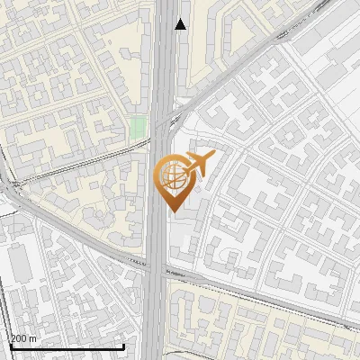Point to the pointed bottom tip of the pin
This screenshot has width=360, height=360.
coord(172,211)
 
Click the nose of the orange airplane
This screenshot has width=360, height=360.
coord(213,156)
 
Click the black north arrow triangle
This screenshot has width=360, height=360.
coord(181,24)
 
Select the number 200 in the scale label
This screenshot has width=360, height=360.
coord(19,338)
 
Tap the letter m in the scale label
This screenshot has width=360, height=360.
coord(33,338)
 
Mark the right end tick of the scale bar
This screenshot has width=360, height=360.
coord(122,345)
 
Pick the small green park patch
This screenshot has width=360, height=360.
coord(137,127)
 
